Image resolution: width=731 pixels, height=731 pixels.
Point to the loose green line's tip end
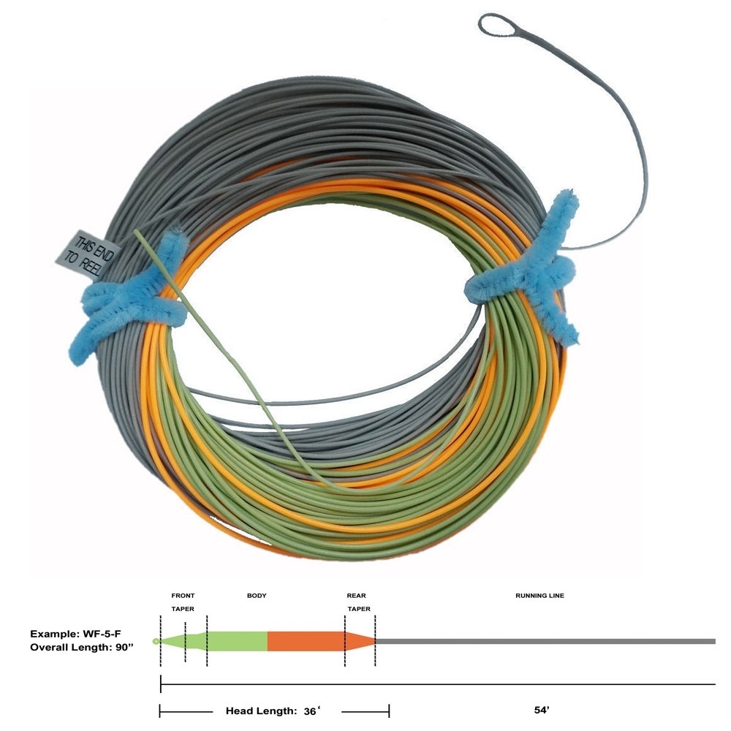pos(137,235)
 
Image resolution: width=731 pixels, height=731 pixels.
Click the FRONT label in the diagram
pos(183,596)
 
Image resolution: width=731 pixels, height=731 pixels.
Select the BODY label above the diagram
pos(257,596)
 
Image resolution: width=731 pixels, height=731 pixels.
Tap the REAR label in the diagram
pos(357,596)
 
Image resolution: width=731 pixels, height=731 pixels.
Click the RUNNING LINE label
pos(539,596)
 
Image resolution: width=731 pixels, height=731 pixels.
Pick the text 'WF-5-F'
pos(99,634)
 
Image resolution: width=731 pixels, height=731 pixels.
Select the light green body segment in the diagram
pos(238,641)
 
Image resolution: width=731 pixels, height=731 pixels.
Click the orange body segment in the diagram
pos(306,641)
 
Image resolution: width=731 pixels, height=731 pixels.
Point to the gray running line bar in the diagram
pos(545,641)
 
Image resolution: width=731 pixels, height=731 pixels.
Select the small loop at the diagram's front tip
pos(156,641)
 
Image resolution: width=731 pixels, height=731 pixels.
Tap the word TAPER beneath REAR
pos(358,609)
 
